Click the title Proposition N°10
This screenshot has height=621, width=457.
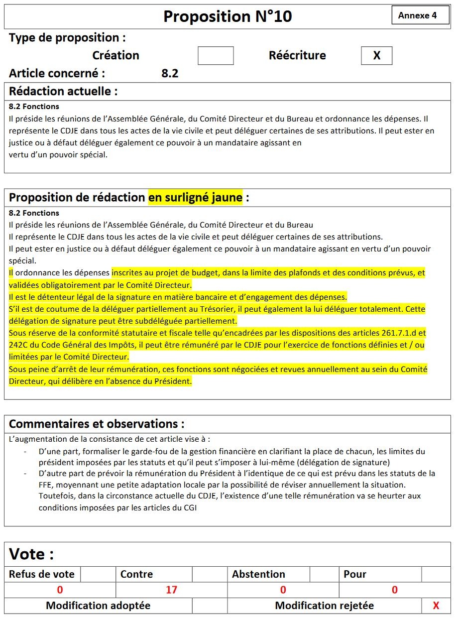(228, 16)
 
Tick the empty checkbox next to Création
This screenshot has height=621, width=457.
(216, 56)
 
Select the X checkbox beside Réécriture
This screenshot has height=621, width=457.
(376, 56)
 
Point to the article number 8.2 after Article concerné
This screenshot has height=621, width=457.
(170, 74)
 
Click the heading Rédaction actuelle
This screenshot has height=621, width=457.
(63, 91)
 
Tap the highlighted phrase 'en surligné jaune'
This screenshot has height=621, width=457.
(195, 197)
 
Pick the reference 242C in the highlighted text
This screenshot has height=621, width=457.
(18, 345)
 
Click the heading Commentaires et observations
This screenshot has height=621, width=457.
(97, 424)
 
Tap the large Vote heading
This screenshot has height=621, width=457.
(31, 554)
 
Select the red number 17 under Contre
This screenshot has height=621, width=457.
(171, 590)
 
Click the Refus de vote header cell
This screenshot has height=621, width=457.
(42, 574)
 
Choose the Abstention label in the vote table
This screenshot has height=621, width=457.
(258, 574)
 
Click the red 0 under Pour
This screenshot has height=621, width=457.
(394, 590)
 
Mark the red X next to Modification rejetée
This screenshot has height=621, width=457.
(436, 606)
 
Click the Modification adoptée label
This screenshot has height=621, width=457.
(98, 606)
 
